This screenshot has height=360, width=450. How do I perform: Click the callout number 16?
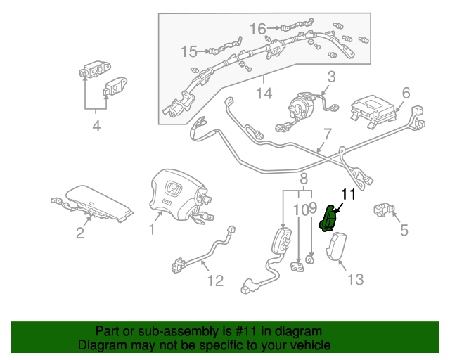click(x=258, y=29)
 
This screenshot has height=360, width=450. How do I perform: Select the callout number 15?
click(x=189, y=51)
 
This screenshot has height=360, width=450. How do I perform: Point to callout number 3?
click(x=330, y=77)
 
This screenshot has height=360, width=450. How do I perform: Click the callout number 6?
click(x=406, y=93)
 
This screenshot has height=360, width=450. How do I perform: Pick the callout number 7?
click(x=326, y=134)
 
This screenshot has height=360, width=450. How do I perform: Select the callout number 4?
click(x=96, y=127)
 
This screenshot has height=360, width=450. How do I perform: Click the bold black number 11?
click(x=349, y=194)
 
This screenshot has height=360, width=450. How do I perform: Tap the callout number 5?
click(x=404, y=230)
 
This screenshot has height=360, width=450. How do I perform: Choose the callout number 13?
click(x=356, y=280)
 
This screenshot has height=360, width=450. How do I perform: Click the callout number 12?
click(x=214, y=281)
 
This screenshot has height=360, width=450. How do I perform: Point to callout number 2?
click(x=80, y=233)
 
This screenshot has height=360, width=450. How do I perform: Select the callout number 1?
click(x=152, y=229)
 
